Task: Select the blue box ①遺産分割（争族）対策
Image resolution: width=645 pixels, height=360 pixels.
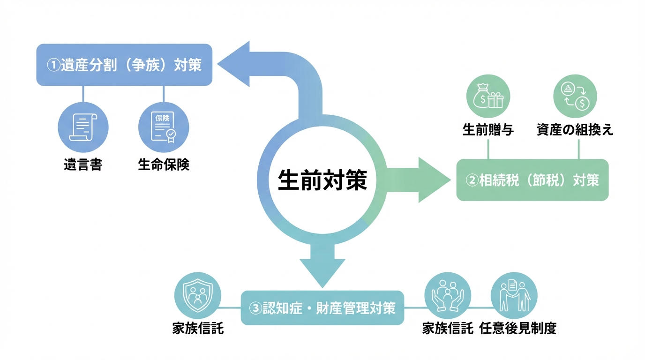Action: point(124,65)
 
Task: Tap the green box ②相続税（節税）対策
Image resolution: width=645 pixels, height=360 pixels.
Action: point(532,180)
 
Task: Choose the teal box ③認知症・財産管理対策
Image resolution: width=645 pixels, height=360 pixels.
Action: point(322,308)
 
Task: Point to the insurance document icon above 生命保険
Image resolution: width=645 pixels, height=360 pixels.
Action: point(164,127)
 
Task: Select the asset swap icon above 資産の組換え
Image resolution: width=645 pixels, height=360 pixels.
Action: point(575,97)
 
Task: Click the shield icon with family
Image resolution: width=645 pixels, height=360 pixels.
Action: point(198,296)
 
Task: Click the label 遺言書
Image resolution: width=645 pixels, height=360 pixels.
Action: point(83,165)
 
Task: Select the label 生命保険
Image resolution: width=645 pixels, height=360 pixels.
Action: point(164,165)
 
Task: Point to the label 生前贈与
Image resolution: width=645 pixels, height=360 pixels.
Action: point(488,130)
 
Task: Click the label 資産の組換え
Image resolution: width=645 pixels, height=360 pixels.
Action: point(575,130)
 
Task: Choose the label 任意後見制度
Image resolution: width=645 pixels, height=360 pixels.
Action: point(517,329)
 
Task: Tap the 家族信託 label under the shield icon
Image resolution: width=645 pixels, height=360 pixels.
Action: point(198,329)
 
